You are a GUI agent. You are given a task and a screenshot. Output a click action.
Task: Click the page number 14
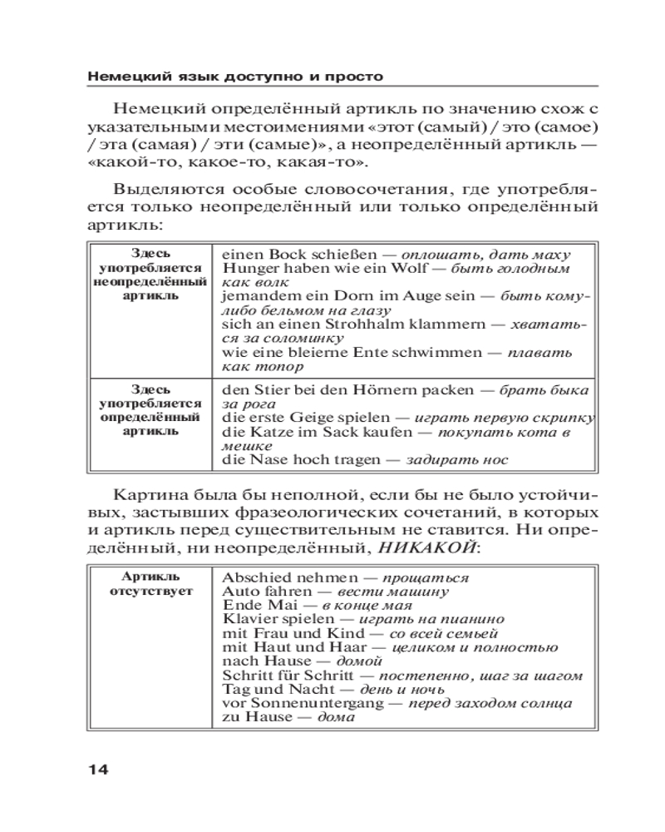97,769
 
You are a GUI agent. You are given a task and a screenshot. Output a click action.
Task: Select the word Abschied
254,577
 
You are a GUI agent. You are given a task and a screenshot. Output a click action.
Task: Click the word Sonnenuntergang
303,703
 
